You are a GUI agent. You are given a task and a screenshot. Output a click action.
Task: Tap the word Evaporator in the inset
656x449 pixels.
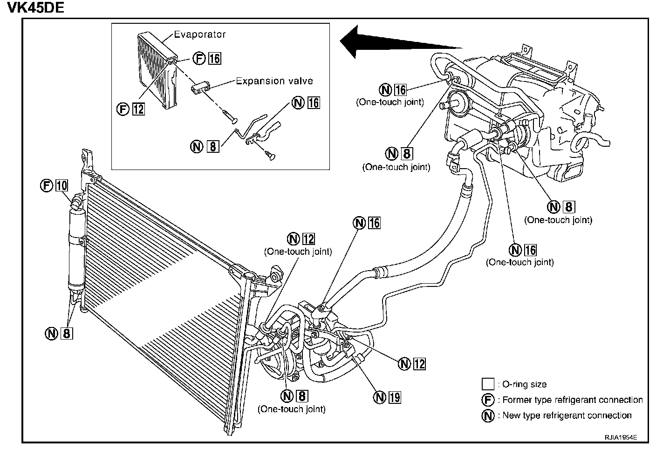(x=200, y=34)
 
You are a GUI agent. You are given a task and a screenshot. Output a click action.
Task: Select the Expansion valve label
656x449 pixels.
(x=274, y=81)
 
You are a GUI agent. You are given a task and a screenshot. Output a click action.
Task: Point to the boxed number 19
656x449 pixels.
(x=395, y=397)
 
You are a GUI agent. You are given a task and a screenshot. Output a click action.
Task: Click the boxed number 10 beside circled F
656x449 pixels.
(x=61, y=185)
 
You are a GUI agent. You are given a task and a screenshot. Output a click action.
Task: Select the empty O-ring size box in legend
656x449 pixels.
(x=488, y=384)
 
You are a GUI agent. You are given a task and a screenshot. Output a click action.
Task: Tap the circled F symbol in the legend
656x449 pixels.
(x=488, y=400)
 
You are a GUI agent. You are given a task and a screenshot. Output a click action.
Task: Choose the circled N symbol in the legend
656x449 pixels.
(x=488, y=415)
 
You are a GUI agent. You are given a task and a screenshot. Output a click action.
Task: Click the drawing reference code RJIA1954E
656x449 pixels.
(x=621, y=438)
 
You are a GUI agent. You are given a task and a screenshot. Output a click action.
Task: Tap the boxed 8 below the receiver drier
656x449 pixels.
(x=67, y=333)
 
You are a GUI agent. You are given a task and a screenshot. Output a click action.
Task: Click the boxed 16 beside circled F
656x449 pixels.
(x=215, y=58)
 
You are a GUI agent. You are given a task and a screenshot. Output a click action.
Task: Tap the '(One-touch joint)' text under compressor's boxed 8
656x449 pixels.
(x=292, y=409)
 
